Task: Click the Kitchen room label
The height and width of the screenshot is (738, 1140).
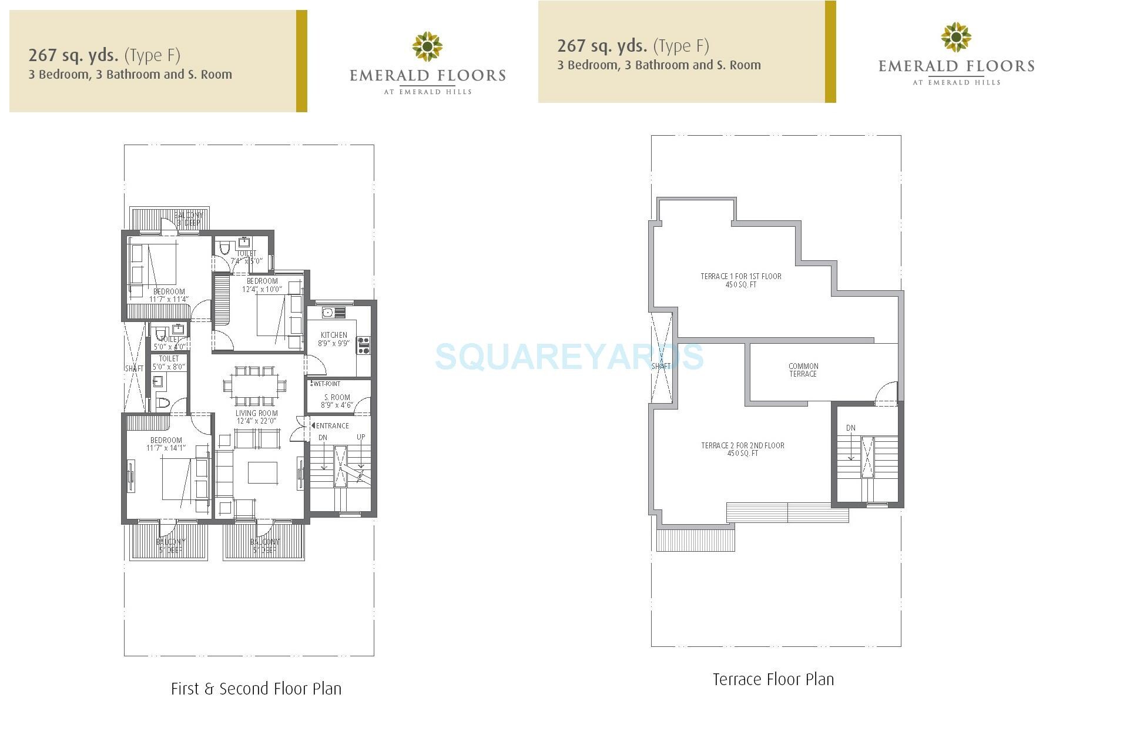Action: click(334, 339)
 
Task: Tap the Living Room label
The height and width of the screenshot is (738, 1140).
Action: click(257, 417)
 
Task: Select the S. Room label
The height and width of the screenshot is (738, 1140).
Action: click(337, 401)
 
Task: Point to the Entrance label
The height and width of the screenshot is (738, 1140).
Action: click(332, 425)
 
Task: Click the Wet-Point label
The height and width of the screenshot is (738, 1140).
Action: click(326, 384)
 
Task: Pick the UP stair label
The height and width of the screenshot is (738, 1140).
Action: click(361, 437)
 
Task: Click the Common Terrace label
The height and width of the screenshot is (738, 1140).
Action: click(803, 370)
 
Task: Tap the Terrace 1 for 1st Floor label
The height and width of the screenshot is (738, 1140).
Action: click(740, 280)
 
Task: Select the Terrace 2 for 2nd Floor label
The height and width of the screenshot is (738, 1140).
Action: click(743, 449)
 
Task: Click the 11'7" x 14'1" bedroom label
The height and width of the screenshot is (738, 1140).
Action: click(166, 444)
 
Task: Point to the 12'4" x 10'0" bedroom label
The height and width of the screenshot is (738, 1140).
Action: click(262, 285)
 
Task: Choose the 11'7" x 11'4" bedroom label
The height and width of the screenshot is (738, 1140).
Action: click(169, 295)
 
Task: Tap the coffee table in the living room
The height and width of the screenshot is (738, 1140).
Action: click(262, 472)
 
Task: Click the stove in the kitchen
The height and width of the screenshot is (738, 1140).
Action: click(363, 345)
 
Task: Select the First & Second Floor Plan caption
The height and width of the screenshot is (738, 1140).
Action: click(256, 689)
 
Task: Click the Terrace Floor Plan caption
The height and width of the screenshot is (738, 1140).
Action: click(773, 679)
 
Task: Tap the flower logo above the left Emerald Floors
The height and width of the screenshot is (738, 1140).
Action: click(427, 46)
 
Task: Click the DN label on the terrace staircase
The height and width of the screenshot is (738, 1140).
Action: click(850, 428)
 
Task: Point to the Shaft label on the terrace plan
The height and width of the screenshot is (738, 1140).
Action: click(660, 366)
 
